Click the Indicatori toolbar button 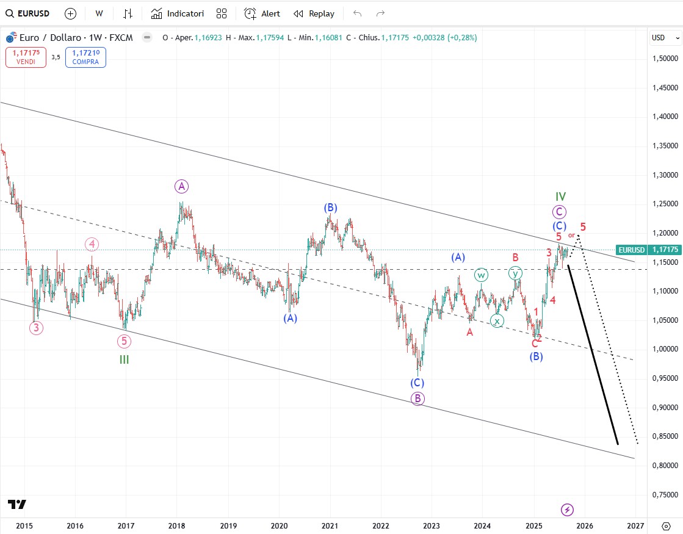pos(178,13)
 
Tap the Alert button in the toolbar pos(262,13)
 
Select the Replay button pos(314,13)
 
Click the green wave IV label pos(560,197)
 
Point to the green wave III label pos(124,360)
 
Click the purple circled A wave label pos(181,186)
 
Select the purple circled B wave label pos(417,399)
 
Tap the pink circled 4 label pos(92,245)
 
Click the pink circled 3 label pos(36,328)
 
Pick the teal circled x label pos(497,321)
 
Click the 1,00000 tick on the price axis pos(663,349)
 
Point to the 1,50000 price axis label pos(663,59)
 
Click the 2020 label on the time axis pos(279,525)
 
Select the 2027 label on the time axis pos(635,525)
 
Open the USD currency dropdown pos(665,38)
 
